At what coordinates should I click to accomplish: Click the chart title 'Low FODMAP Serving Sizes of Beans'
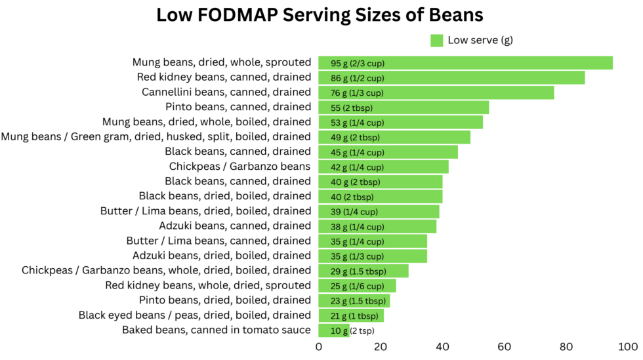click(x=320, y=15)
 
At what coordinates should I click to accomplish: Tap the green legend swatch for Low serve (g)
click(x=437, y=41)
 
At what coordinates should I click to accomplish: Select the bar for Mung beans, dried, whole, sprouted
click(x=465, y=63)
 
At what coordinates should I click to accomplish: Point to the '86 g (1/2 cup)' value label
click(x=358, y=78)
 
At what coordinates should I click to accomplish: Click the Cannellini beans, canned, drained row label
click(x=226, y=92)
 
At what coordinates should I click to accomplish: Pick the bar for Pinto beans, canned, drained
click(x=404, y=108)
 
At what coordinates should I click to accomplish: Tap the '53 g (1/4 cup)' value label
click(x=358, y=123)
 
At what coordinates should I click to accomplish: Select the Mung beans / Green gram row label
click(x=156, y=136)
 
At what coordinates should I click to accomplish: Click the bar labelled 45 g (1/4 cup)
click(x=388, y=152)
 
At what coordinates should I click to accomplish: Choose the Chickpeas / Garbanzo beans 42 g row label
click(x=239, y=167)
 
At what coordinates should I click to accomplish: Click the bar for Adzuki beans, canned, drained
click(x=377, y=226)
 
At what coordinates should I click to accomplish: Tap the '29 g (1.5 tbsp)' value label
click(x=358, y=271)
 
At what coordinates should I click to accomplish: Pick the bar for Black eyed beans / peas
click(x=351, y=315)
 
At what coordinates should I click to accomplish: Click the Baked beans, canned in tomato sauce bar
click(x=333, y=330)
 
